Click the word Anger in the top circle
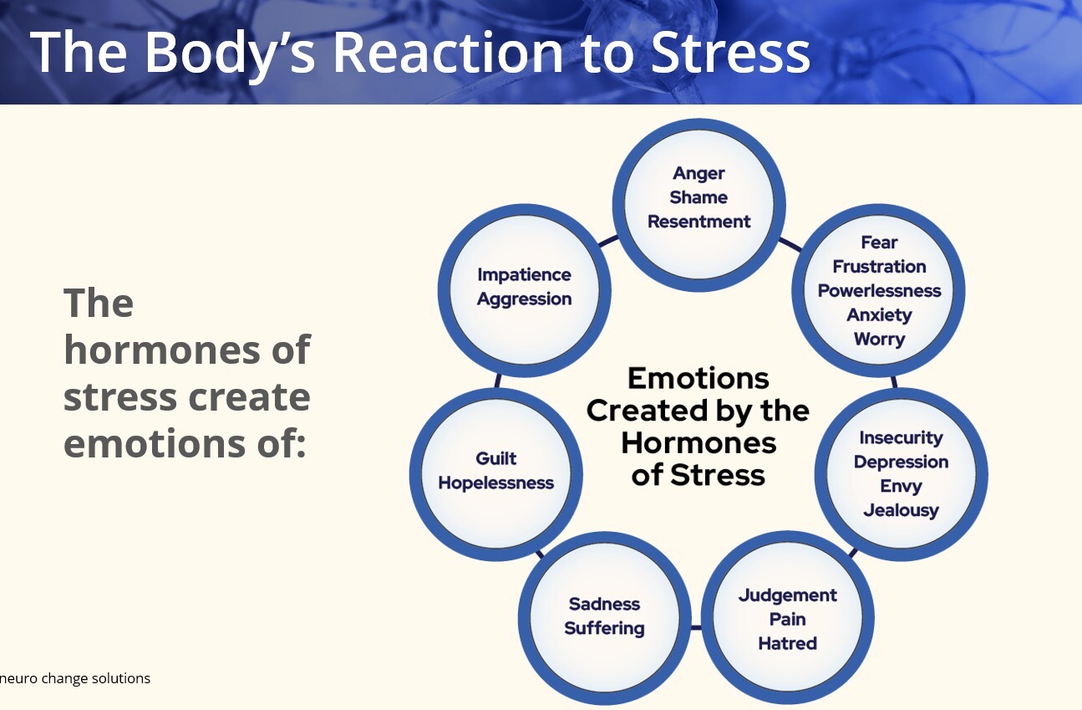(698, 173)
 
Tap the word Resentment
(698, 222)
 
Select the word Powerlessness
(879, 291)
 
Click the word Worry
(879, 340)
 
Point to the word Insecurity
(901, 437)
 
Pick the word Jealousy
(901, 510)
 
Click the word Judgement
(787, 595)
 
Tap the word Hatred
(787, 644)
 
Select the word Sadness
(604, 604)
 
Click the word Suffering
(604, 628)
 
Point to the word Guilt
(496, 458)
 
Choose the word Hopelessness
(496, 483)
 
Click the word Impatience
(524, 274)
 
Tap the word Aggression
(524, 299)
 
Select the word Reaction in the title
(448, 52)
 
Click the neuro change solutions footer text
(75, 678)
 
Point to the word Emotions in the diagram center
(698, 379)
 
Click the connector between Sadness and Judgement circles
(695, 626)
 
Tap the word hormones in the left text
(186, 350)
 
